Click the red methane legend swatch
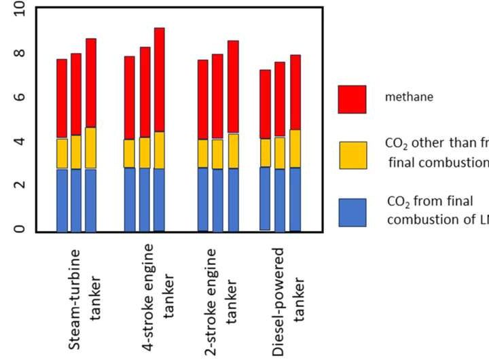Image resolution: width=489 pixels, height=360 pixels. [x=352, y=99]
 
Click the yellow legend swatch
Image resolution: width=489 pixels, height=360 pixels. [x=352, y=155]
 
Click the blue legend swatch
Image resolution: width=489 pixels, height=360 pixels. [x=352, y=213]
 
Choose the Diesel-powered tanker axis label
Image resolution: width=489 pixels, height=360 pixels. [x=288, y=299]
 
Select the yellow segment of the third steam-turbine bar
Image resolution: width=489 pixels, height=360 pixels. [x=91, y=148]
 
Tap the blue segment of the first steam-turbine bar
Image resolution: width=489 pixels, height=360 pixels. [x=62, y=200]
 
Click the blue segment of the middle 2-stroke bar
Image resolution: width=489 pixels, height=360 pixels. [x=217, y=200]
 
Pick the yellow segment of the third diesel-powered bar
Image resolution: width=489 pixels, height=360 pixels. [x=295, y=149]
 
